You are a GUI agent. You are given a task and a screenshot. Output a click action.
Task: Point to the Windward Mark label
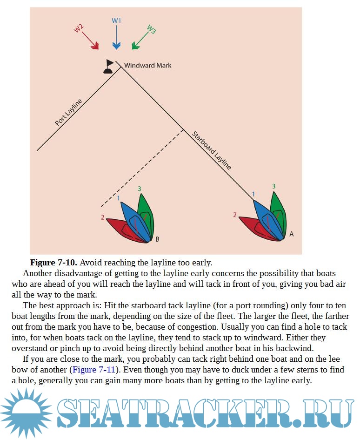(147, 66)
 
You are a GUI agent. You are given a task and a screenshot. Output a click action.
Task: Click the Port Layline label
(68, 112)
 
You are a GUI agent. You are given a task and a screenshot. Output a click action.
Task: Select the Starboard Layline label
(212, 150)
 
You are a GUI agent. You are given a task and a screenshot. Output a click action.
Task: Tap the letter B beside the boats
(157, 239)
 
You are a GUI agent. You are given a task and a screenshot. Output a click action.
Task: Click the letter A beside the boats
(292, 234)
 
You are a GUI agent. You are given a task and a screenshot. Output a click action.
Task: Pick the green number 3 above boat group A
(273, 186)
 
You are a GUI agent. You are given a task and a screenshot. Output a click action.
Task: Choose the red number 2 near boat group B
(102, 217)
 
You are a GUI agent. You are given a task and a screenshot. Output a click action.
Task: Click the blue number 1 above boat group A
(253, 194)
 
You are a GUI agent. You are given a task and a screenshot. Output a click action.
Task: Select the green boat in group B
(144, 212)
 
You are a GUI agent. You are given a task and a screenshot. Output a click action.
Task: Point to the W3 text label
(151, 30)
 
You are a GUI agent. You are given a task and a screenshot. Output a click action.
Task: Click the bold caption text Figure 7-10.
(53, 263)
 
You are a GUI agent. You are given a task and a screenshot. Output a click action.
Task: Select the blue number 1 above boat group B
(119, 198)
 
